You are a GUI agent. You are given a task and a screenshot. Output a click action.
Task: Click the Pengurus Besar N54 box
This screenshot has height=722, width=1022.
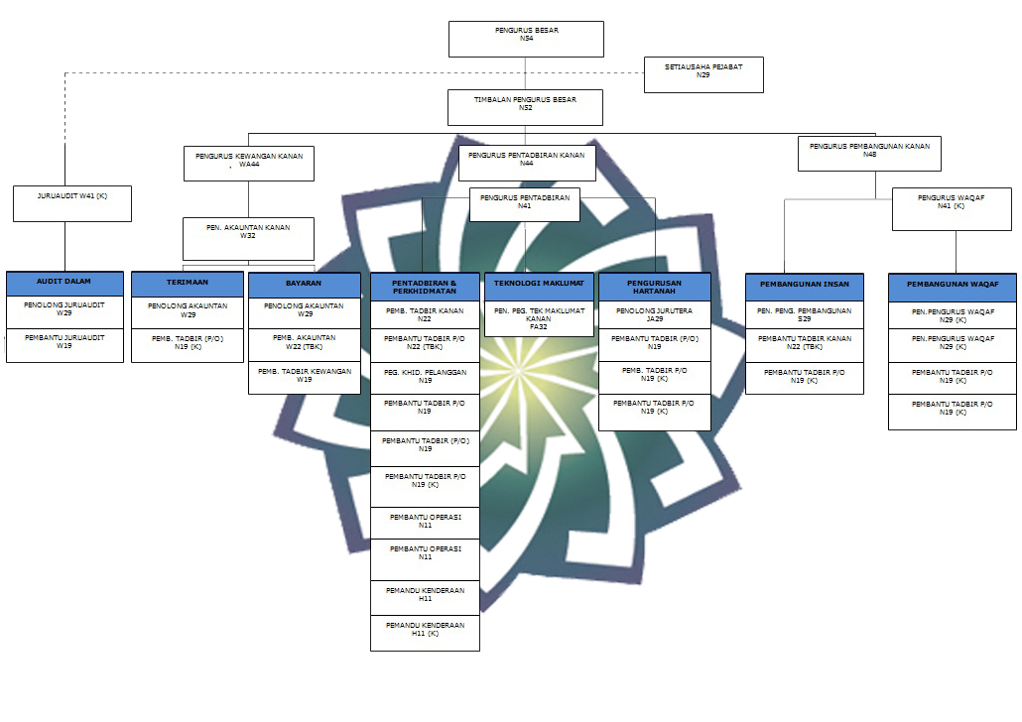point(526,39)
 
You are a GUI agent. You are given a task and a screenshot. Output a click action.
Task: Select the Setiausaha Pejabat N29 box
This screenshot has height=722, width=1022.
point(703,75)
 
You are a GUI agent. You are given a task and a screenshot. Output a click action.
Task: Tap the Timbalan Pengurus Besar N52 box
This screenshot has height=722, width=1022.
point(525,107)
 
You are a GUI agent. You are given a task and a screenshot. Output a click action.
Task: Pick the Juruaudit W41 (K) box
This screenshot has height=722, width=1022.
point(72,204)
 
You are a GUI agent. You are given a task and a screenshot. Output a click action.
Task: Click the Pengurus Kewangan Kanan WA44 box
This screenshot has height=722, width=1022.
point(249,164)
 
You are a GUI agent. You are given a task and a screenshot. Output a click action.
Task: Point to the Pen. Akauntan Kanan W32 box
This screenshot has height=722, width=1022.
point(248,239)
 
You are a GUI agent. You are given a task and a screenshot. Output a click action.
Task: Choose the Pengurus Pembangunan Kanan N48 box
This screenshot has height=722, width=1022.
point(869,153)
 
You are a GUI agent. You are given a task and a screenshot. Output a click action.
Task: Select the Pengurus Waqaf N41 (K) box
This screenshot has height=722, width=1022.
point(952,209)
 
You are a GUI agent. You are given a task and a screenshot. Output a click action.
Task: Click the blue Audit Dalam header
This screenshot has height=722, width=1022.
point(64,284)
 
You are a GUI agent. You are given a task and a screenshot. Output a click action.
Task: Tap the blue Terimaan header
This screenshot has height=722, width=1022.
point(188,284)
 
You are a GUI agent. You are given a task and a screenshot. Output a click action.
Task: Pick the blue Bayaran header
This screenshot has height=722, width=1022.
point(305,286)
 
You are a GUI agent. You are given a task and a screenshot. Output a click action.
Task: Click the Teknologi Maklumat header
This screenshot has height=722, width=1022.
point(539,287)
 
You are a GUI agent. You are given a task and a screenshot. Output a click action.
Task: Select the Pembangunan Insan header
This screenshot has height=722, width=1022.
point(805,287)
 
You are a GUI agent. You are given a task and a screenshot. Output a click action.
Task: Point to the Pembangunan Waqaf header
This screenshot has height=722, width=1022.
point(953,288)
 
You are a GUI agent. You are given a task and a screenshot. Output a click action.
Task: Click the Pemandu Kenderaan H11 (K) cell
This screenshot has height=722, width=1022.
point(425,633)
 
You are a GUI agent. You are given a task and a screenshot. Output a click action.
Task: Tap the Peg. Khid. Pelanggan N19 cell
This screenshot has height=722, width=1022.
point(425,378)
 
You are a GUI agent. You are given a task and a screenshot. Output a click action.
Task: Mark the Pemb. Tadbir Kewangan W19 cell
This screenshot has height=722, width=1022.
point(305,378)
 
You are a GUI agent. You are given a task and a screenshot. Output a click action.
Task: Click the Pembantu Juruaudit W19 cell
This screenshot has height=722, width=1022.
point(64,345)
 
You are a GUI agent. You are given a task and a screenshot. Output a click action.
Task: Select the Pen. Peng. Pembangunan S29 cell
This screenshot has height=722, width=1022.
point(805,315)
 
